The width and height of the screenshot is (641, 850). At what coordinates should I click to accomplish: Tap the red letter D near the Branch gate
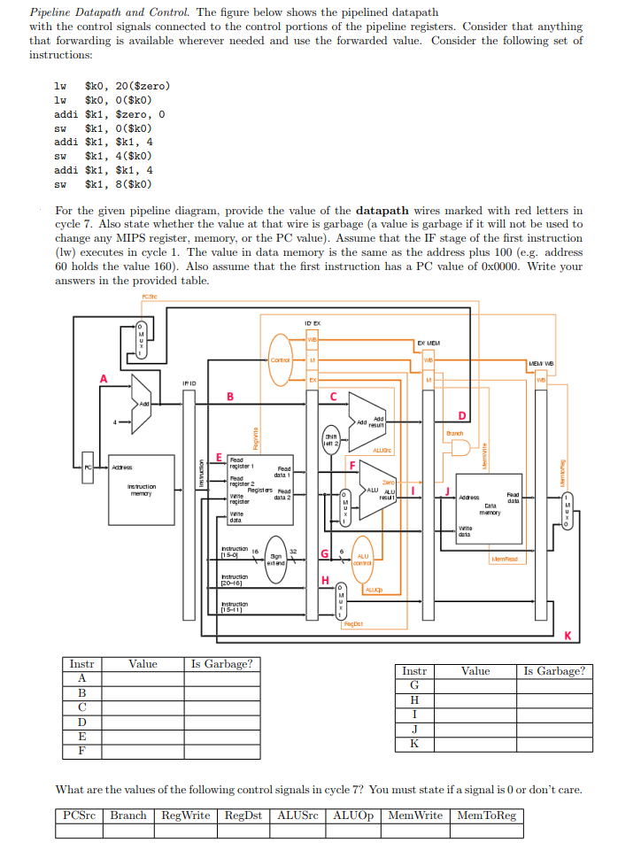pyautogui.click(x=461, y=415)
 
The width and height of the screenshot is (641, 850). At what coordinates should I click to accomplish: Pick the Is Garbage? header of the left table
pyautogui.click(x=221, y=663)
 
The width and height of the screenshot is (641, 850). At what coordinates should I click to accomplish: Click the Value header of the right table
pyautogui.click(x=475, y=670)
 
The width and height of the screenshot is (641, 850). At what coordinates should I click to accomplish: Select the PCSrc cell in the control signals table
pyautogui.click(x=81, y=815)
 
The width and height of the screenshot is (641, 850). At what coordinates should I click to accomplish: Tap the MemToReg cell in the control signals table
pyautogui.click(x=486, y=815)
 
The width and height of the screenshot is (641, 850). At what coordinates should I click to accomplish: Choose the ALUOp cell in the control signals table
pyautogui.click(x=355, y=815)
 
